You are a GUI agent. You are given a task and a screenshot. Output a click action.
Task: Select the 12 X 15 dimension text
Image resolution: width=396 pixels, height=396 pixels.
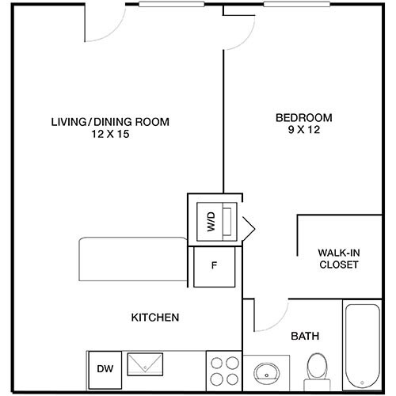(x=110, y=135)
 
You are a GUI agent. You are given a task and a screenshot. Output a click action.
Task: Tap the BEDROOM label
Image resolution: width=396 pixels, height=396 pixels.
(x=303, y=118)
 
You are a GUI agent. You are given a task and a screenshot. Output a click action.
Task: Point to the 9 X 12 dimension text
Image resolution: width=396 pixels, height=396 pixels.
(x=303, y=131)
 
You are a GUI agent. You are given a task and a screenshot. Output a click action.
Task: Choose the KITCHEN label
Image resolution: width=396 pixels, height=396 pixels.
(x=155, y=318)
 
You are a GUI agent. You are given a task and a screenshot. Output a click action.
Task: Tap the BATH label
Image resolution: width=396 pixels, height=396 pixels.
(x=305, y=336)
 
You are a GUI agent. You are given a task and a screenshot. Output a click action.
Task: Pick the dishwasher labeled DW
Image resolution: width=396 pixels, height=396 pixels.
(x=104, y=368)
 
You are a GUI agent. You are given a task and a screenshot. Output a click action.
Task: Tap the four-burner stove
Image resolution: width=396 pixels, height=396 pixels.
(x=223, y=370)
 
